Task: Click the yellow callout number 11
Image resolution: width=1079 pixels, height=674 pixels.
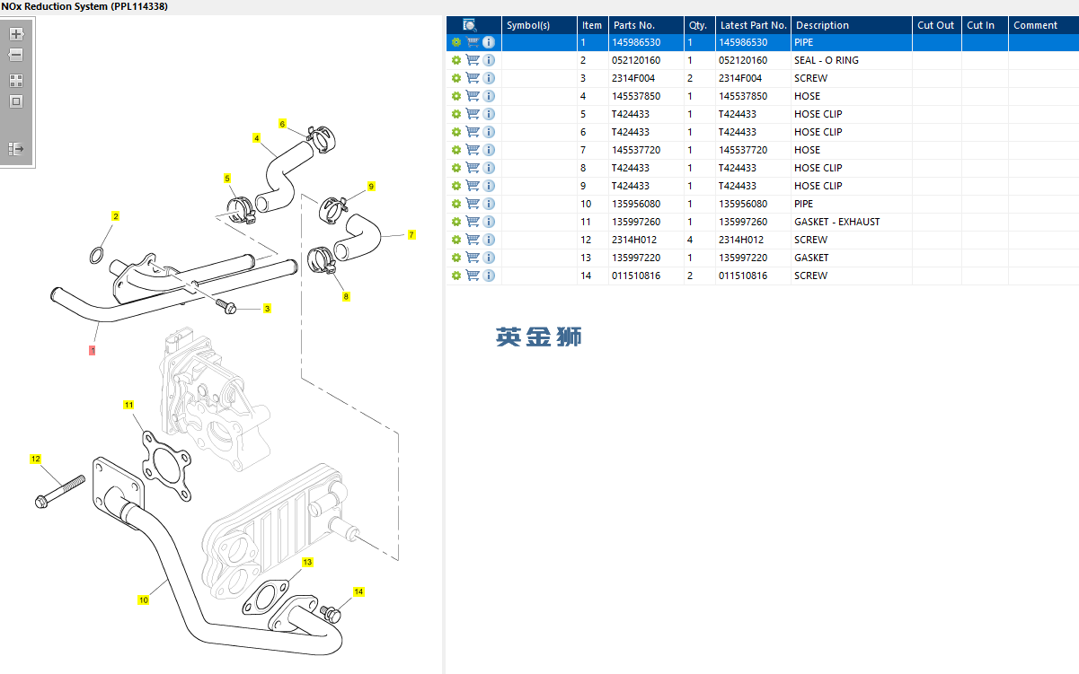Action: click(128, 406)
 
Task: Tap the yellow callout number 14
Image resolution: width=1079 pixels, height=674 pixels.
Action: click(358, 591)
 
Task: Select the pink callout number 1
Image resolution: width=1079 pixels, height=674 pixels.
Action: click(92, 350)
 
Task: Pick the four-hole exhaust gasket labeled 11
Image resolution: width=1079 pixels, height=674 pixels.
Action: click(164, 464)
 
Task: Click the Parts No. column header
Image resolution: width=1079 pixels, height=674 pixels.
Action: click(634, 25)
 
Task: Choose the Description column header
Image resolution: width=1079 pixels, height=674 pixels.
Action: click(822, 25)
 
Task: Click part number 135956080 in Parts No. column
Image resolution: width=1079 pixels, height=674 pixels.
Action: click(636, 204)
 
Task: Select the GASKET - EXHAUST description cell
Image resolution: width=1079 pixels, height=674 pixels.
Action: click(836, 222)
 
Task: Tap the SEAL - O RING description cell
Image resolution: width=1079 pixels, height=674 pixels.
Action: click(826, 60)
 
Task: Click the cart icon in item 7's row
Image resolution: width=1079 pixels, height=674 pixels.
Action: click(473, 150)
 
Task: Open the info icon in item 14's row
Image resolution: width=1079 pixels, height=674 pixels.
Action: click(489, 276)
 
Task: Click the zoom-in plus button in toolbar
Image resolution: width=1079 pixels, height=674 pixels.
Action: click(16, 34)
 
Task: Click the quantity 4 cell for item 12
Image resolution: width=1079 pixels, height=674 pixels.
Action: click(690, 240)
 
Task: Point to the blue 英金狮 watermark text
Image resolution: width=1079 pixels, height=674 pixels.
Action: click(539, 337)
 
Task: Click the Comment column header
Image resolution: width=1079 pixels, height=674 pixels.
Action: click(1035, 25)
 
